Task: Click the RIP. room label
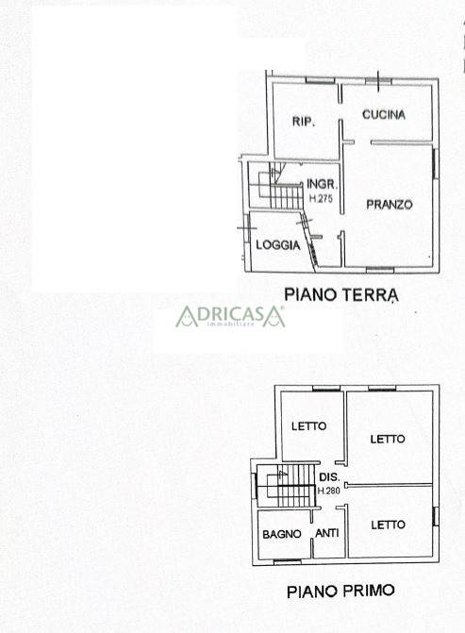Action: pos(303,121)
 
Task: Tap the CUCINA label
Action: pos(384,115)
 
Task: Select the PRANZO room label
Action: pos(390,205)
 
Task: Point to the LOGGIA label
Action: pos(278,244)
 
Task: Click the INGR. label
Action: pos(322,184)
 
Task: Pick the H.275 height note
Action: pos(321,198)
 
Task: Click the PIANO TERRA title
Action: pos(341,294)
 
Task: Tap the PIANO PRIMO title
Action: pos(340,591)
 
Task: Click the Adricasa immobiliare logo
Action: pos(230,316)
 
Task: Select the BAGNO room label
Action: pos(282,534)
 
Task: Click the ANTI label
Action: pos(327,533)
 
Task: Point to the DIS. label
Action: pos(329,476)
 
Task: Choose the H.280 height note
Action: pos(329,491)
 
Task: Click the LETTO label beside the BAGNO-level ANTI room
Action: pos(388,525)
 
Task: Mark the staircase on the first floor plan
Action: pos(286,486)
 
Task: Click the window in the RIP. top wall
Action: pos(320,80)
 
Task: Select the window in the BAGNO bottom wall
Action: pos(288,561)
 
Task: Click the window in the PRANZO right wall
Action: pos(436,164)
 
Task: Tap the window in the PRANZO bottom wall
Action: pos(380,269)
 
